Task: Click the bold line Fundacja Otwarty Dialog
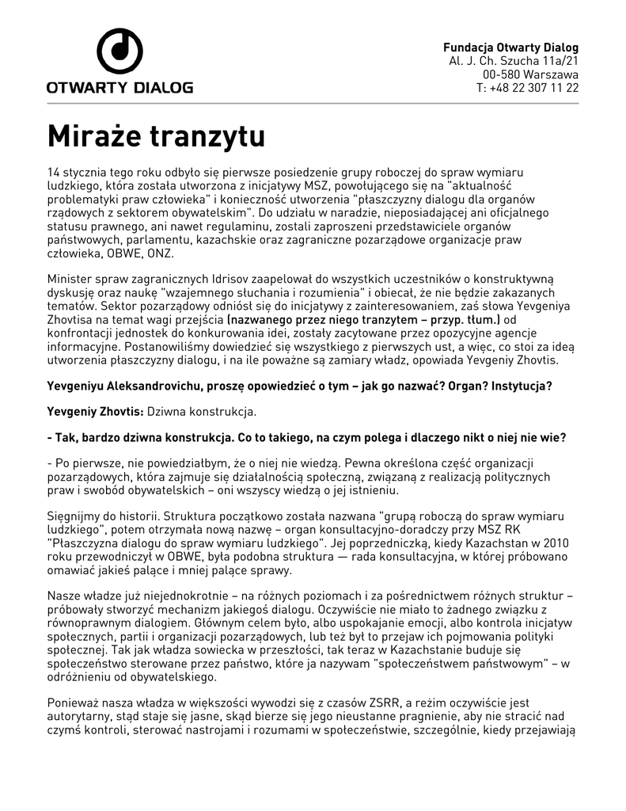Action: [x=510, y=47]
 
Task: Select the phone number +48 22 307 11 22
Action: [x=534, y=87]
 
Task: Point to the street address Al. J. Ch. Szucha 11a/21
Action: [x=514, y=60]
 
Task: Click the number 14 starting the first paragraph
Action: [x=54, y=172]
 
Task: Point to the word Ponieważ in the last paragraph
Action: [x=73, y=702]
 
